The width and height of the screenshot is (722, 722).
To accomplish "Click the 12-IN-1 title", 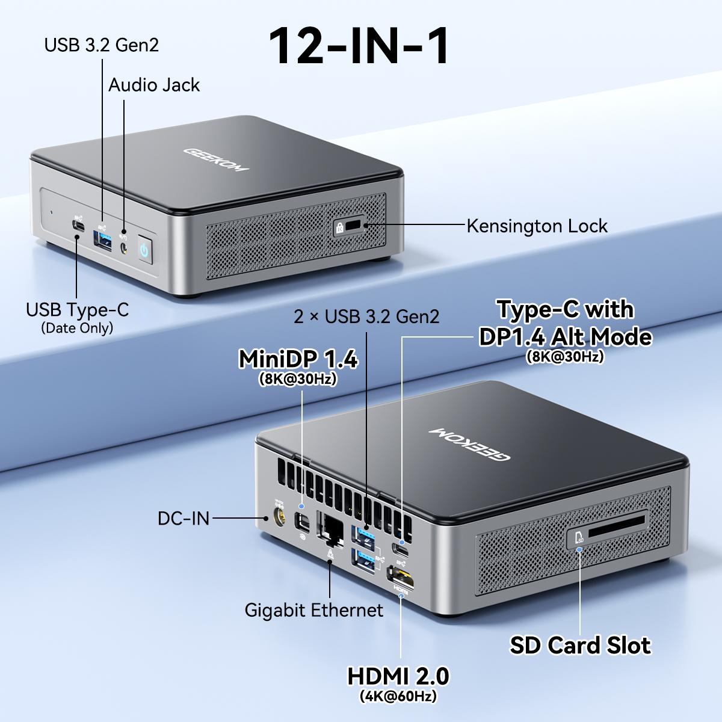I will (359, 46).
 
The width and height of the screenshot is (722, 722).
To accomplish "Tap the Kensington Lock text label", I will (537, 226).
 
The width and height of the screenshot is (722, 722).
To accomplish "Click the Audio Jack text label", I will (154, 85).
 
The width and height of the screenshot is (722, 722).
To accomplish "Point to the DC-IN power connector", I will (279, 517).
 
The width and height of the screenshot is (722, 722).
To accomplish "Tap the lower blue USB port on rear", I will (365, 560).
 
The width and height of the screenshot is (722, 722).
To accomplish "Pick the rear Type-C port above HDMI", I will (400, 549).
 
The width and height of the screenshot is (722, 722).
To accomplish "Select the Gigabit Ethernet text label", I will (313, 610).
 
